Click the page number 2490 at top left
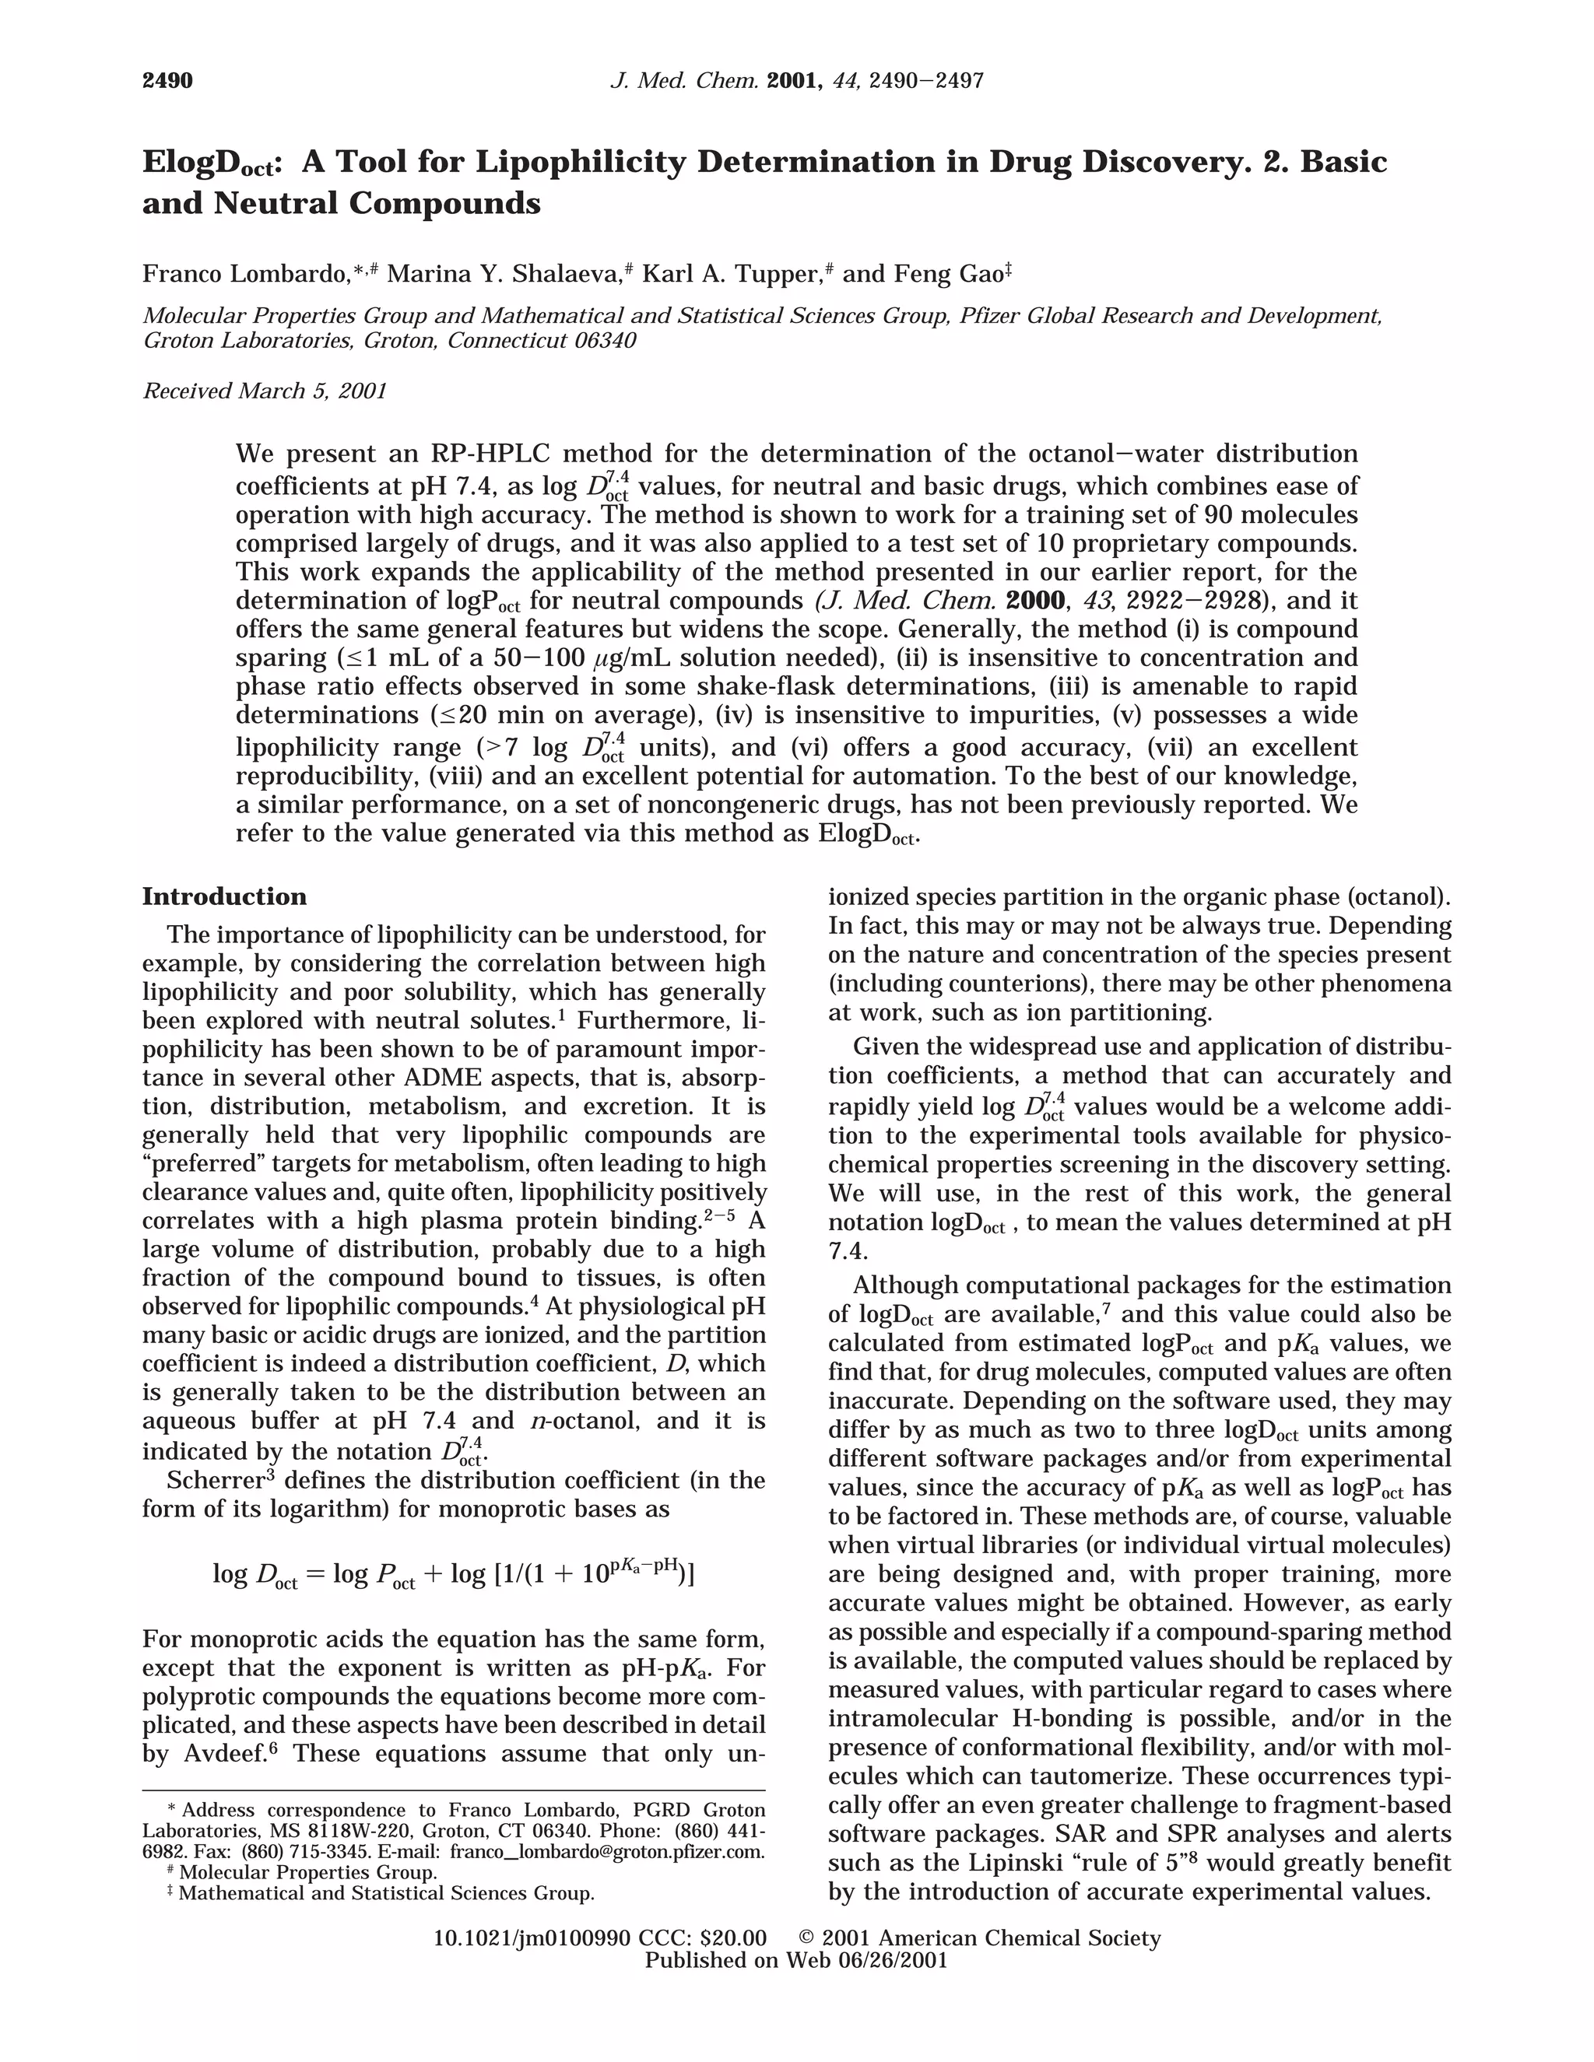click(167, 81)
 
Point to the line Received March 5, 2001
click(265, 391)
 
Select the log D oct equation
click(453, 1574)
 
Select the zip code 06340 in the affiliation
click(604, 341)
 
